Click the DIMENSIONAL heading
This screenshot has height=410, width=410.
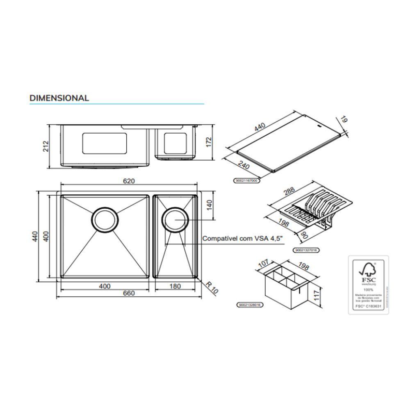click(59, 98)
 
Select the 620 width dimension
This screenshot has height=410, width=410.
click(129, 180)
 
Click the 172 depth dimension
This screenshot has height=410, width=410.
click(208, 142)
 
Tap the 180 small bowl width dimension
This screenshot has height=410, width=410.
click(175, 286)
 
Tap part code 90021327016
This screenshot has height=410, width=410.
click(307, 250)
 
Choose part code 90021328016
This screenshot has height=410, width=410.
click(250, 305)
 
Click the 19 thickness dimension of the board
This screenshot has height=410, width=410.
click(343, 121)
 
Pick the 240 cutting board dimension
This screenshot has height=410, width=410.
click(244, 166)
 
